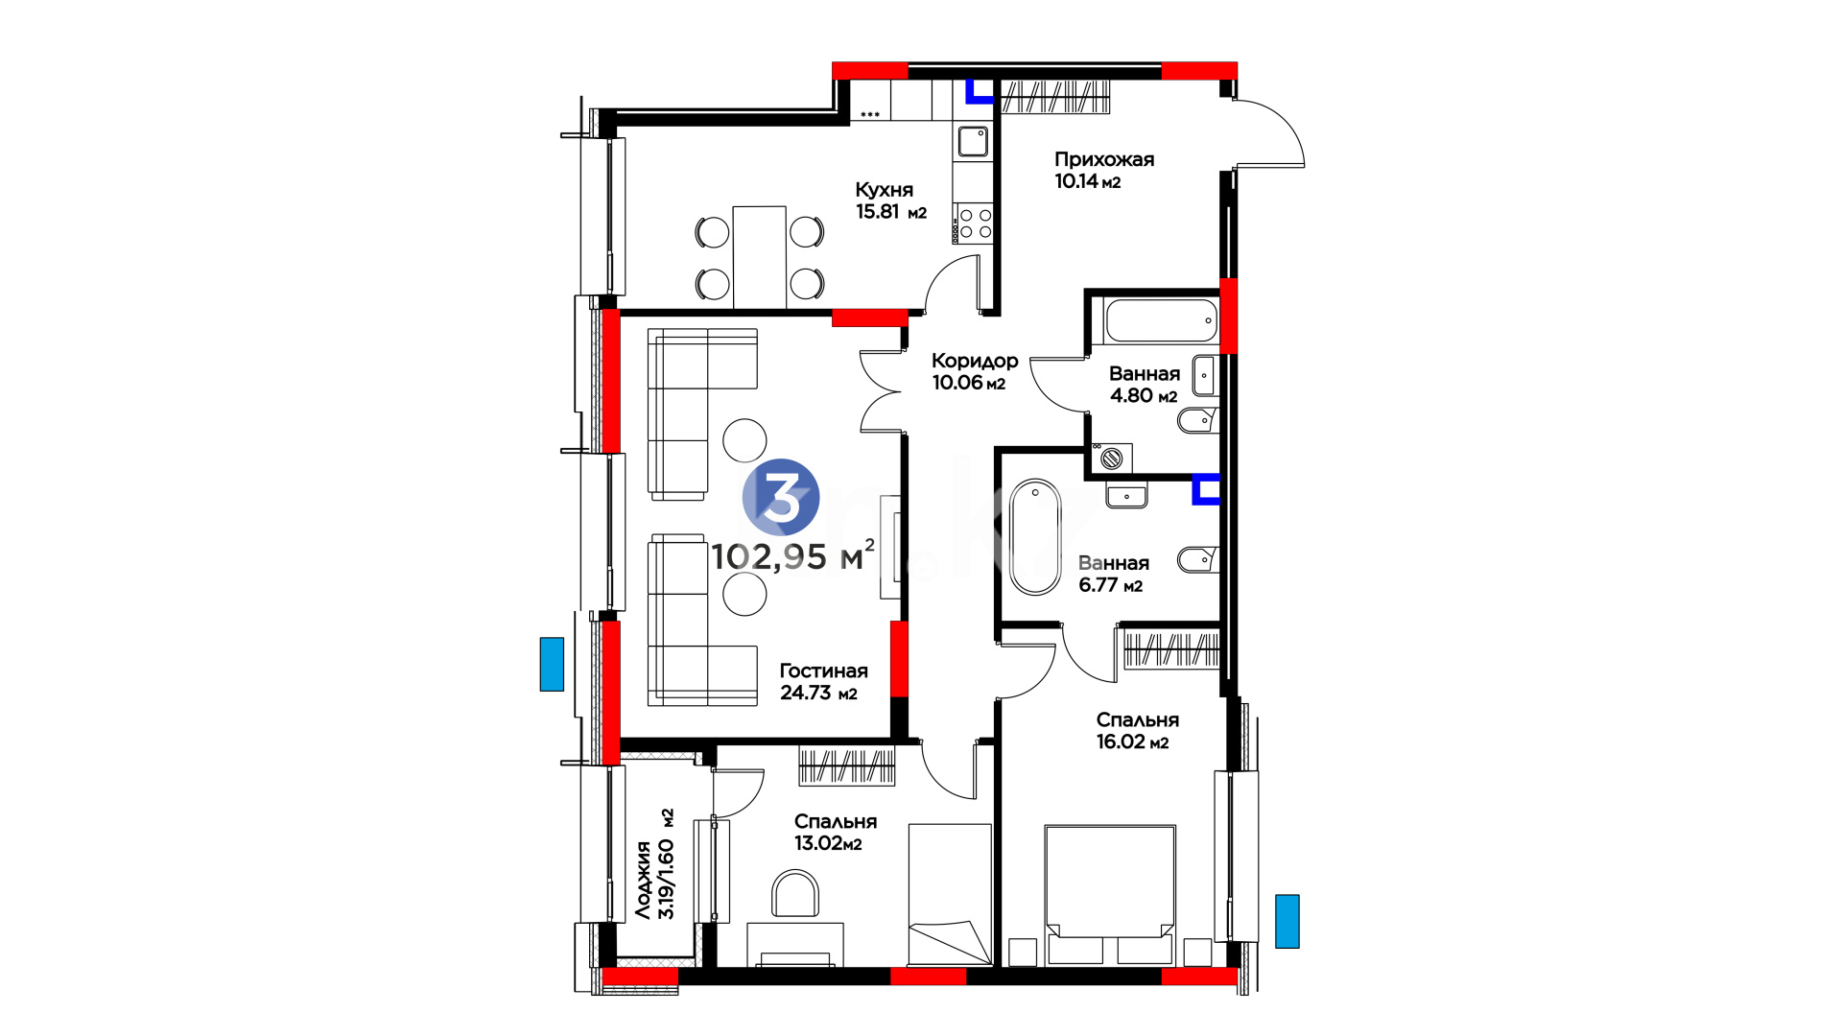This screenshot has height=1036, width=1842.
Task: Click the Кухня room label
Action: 884,190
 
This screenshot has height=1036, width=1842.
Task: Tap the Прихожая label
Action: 1104,159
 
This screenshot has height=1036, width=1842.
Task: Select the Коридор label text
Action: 975,361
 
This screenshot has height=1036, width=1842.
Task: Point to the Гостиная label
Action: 823,671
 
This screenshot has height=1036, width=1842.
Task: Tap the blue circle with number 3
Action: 781,497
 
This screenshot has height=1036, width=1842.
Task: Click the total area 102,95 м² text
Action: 793,555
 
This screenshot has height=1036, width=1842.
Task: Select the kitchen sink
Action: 973,142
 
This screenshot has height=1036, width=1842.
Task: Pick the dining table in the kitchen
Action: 760,257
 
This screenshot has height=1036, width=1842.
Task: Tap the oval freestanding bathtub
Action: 1035,536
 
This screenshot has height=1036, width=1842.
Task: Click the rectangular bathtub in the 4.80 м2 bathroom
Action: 1161,321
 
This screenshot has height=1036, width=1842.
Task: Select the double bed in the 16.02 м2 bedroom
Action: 1110,895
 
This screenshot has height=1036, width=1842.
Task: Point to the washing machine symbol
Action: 1111,459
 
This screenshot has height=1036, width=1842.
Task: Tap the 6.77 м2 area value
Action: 1111,585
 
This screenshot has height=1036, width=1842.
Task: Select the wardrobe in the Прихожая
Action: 1055,97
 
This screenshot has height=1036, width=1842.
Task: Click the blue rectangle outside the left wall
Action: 552,664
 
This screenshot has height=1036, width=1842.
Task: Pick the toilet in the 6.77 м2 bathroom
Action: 1198,559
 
